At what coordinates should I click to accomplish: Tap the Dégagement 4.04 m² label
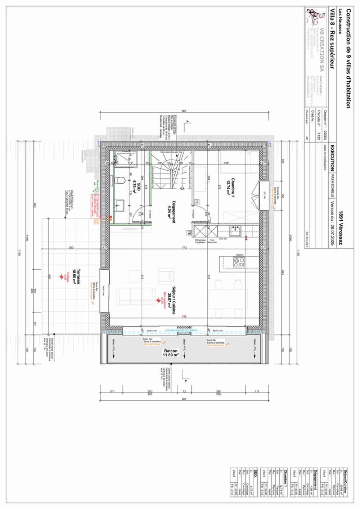[x=171, y=212]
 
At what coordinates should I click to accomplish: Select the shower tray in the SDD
[x=126, y=159]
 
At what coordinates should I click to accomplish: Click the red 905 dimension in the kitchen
[x=246, y=237]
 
